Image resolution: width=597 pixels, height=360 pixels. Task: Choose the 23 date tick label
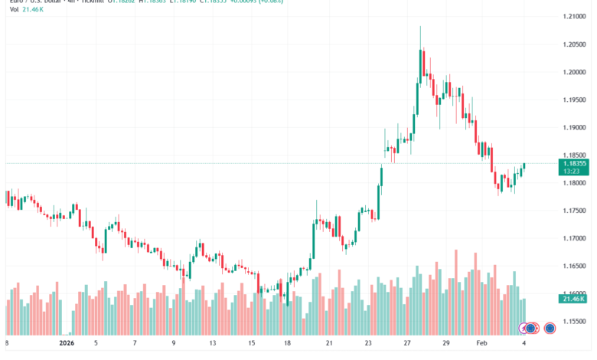click(x=368, y=343)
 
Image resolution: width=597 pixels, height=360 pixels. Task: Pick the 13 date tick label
click(x=214, y=343)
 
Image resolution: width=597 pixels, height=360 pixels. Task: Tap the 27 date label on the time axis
click(x=408, y=343)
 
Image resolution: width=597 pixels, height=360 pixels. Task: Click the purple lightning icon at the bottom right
click(x=525, y=327)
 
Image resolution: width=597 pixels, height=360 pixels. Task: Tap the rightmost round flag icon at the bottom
click(x=549, y=327)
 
